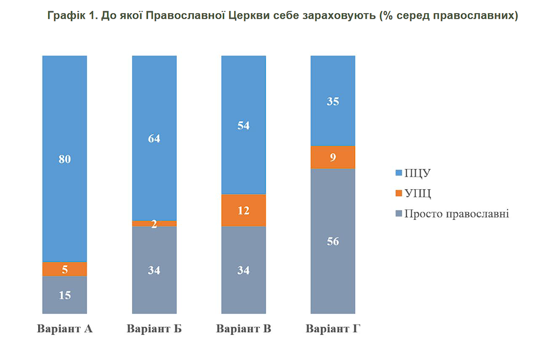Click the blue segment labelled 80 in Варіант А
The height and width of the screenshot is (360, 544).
64,159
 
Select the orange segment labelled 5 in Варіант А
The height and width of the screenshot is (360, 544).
64,269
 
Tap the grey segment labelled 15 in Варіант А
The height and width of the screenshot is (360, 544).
64,295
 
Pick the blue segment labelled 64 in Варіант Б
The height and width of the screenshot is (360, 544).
154,138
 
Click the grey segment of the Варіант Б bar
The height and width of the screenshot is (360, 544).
154,270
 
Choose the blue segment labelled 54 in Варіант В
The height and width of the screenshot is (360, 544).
243,125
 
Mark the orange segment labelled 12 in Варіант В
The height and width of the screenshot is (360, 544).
243,211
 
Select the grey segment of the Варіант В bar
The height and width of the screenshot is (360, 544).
243,270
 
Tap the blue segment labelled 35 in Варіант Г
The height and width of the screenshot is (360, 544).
333,101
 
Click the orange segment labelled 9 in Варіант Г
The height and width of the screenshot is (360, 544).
333,158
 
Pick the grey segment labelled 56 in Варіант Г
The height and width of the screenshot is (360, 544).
333,242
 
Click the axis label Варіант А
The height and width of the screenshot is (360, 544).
64,329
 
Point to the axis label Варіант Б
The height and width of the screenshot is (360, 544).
154,329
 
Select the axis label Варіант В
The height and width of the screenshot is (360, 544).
243,329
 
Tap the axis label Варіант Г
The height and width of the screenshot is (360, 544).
333,329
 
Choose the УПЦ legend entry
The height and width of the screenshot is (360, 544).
415,193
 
